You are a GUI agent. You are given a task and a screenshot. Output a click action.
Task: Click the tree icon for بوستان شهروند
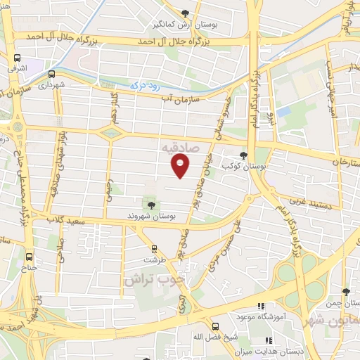click(x=151, y=204)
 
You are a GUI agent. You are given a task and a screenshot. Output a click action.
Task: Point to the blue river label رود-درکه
click(x=146, y=85)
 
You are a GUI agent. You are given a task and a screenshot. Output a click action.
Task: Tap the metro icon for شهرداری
click(x=52, y=73)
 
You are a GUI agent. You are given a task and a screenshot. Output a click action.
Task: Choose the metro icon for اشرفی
click(x=17, y=59)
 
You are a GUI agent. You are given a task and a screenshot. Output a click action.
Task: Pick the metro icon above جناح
click(x=29, y=257)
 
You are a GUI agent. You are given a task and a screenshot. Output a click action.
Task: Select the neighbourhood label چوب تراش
click(x=154, y=278)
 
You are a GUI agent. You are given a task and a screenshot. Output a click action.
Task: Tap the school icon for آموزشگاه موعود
click(x=260, y=307)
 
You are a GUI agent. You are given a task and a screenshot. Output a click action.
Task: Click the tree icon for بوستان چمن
click(x=345, y=292)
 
